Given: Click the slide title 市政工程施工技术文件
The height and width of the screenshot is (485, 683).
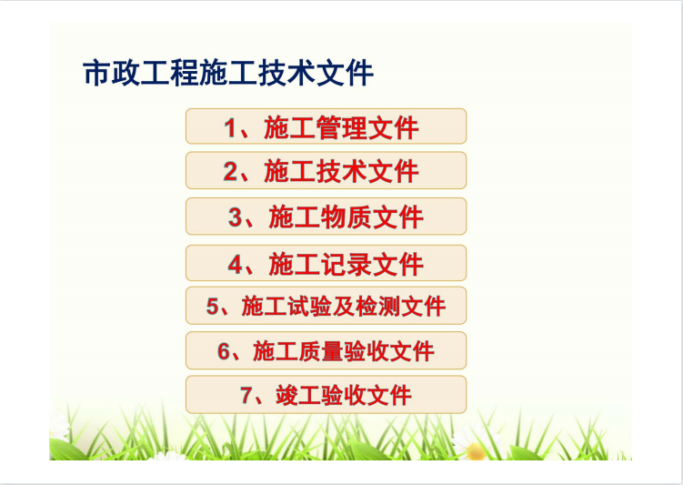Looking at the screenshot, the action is pos(228,73).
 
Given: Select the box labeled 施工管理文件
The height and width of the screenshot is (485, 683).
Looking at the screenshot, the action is pos(326,126).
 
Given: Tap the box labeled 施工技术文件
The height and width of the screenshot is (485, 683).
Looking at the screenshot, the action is pos(326,170).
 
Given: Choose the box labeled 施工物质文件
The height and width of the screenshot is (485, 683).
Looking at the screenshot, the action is pos(326,217).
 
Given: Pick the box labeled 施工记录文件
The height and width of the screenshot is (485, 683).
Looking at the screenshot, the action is pos(326,263).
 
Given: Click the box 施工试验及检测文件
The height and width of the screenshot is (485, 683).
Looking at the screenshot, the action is pos(326,306).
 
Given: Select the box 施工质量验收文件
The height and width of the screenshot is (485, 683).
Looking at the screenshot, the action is pos(326,350).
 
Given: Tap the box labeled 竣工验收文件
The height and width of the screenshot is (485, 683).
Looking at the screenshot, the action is pos(326,394).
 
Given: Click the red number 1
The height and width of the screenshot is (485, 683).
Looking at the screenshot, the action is pos(230,128).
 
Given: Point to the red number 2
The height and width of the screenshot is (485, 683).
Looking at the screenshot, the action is pos(230,171).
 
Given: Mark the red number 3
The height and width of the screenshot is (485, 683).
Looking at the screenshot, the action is pos(235,217).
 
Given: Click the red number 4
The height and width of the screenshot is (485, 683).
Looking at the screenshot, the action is pos(236,264).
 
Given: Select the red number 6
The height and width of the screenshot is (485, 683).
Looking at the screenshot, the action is pos(224,351).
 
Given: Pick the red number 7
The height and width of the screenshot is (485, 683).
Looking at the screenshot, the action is pos(246,395).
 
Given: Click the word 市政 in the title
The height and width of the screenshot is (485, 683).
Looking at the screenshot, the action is pos(112,73).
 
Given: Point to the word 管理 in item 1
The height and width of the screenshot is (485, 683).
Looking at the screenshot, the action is pos(342,128).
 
